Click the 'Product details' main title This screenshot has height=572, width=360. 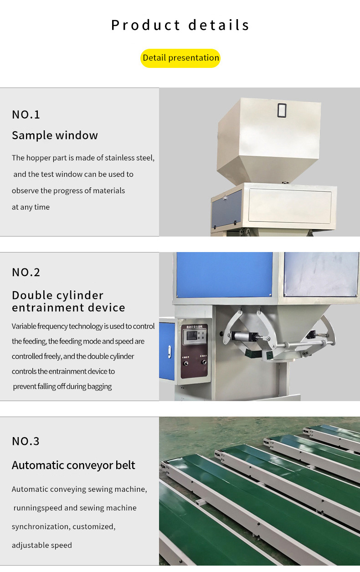180,25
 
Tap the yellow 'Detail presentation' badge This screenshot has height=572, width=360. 180,58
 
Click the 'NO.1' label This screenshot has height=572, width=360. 26,115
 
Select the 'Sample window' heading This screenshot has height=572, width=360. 55,135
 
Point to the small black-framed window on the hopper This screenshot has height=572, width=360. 282,110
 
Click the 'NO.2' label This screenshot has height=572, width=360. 26,273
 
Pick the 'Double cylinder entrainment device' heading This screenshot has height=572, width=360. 68,301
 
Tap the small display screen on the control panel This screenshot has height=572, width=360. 191,335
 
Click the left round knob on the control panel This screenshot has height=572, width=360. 186,363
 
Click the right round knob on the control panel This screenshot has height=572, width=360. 204,362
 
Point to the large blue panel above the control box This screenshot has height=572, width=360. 224,275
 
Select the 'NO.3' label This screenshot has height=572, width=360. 26,441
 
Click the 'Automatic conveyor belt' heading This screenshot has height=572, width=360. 73,465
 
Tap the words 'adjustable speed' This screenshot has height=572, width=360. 42,545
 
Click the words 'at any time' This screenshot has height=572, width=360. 31,207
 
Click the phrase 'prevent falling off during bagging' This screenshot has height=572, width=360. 62,386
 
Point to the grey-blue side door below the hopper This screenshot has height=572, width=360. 226,209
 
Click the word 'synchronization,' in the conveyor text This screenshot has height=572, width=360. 41,526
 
